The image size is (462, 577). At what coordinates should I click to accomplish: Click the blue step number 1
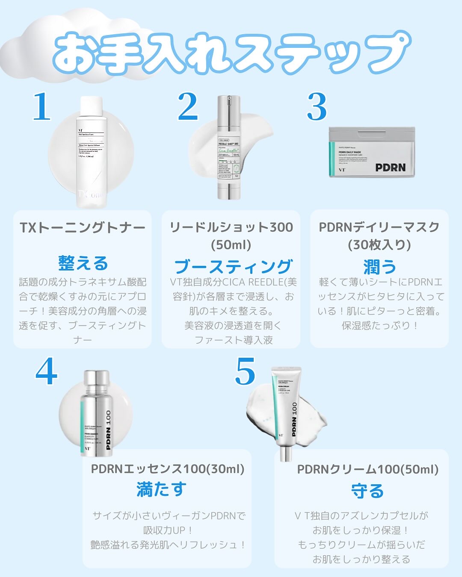(x=42, y=106)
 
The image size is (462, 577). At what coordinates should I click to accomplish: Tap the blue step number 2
(x=188, y=106)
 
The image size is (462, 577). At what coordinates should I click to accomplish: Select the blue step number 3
(x=317, y=107)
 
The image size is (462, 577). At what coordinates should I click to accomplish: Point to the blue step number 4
(x=46, y=372)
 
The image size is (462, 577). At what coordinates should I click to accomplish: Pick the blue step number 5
(x=245, y=372)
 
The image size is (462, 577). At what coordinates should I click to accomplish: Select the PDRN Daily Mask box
(x=371, y=152)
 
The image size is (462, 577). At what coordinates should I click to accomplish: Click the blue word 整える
(x=83, y=263)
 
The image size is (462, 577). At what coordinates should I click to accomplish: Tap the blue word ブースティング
(x=233, y=267)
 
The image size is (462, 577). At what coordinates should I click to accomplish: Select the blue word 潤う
(x=379, y=267)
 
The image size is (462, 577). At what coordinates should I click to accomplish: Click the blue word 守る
(x=367, y=491)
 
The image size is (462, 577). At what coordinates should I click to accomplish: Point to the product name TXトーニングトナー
(x=83, y=228)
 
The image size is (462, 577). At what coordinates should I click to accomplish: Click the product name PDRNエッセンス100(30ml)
(x=168, y=469)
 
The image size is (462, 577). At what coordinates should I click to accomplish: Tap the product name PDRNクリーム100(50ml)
(x=367, y=470)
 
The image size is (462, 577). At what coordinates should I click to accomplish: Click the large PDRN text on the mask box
(x=390, y=168)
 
